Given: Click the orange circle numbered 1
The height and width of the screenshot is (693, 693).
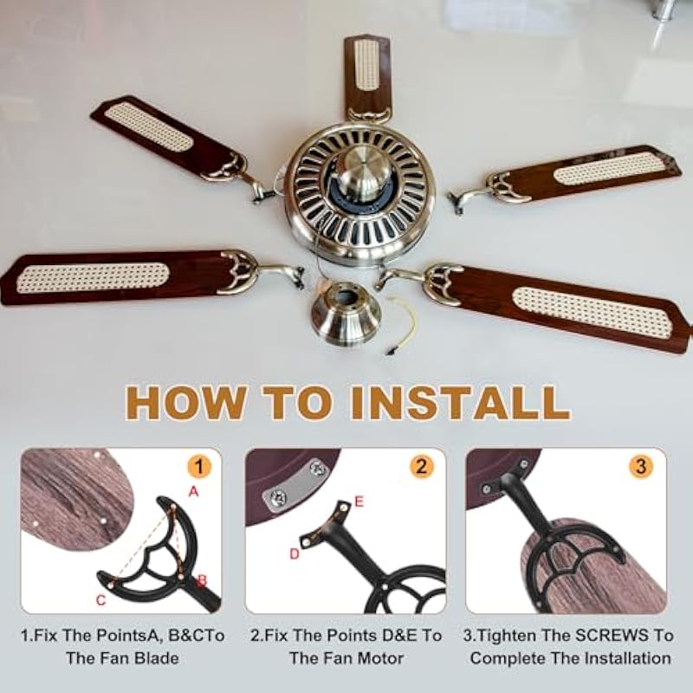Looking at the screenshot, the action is [x=199, y=467].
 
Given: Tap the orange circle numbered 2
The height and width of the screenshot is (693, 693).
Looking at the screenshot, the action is [x=422, y=467].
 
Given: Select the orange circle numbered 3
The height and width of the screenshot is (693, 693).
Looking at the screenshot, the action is [x=641, y=467].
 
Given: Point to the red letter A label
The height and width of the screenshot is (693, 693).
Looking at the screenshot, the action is [x=193, y=491].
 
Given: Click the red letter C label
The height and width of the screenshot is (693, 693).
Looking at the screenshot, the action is [x=100, y=600].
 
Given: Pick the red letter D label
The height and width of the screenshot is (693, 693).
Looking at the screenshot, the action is [x=295, y=554].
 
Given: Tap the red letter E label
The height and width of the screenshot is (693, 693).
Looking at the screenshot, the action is [x=359, y=502].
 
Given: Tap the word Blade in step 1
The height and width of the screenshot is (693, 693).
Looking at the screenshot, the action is [x=157, y=658].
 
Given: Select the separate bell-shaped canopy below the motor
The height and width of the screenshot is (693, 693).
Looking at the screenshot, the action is [x=346, y=314].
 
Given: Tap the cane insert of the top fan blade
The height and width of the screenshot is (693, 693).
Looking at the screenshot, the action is [x=366, y=64].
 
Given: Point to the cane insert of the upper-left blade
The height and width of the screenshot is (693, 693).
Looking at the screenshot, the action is [x=149, y=126].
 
